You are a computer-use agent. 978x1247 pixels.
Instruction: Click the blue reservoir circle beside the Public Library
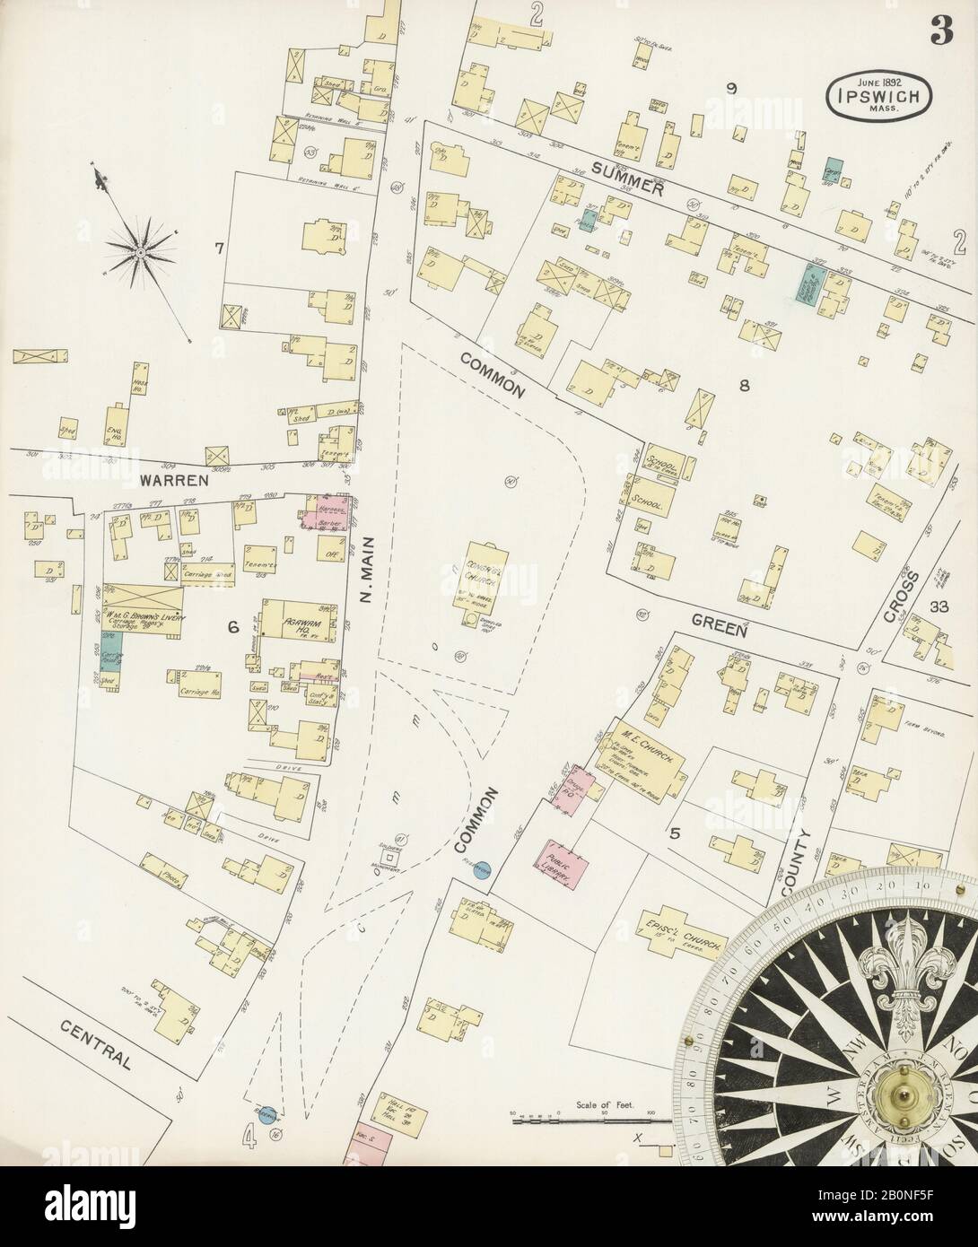point(481,870)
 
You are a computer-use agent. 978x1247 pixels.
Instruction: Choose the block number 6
point(232,627)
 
